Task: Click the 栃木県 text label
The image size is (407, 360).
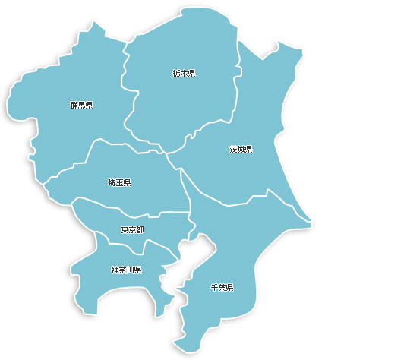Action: (x=184, y=74)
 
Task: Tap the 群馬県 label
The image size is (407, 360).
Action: (x=80, y=105)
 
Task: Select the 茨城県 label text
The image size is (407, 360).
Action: (x=241, y=150)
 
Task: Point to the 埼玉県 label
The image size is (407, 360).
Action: (x=119, y=183)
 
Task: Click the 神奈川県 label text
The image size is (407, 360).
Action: (x=126, y=270)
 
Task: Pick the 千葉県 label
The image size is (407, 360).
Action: (x=221, y=288)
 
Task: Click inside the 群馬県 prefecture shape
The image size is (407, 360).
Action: (x=68, y=129)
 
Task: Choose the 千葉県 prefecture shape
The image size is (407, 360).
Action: (x=228, y=251)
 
